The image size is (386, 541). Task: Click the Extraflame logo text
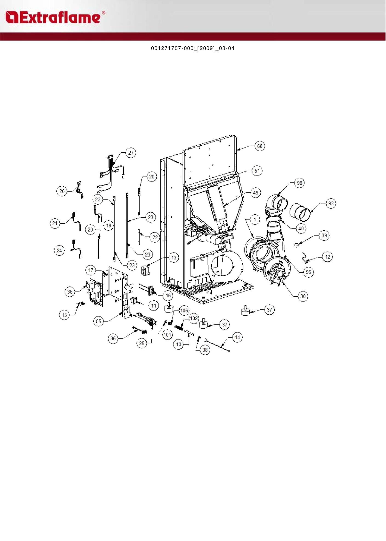pyautogui.click(x=55, y=17)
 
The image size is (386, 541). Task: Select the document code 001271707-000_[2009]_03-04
pyautogui.click(x=193, y=49)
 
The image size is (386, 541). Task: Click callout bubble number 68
pyautogui.click(x=260, y=146)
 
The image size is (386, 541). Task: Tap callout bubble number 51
pyautogui.click(x=257, y=171)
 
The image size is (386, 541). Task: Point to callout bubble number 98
pyautogui.click(x=299, y=183)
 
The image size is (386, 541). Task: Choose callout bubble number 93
pyautogui.click(x=331, y=204)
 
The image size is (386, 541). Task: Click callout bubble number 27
pyautogui.click(x=131, y=153)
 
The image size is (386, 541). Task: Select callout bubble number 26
pyautogui.click(x=62, y=191)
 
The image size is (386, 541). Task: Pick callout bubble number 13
pyautogui.click(x=174, y=258)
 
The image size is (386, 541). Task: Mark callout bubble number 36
pyautogui.click(x=70, y=292)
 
